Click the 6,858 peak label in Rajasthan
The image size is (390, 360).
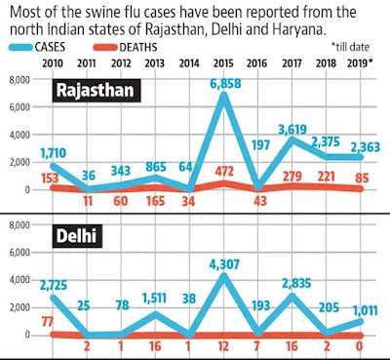click(225, 83)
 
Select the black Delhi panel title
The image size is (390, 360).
click(77, 236)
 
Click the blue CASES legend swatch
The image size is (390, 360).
click(20, 48)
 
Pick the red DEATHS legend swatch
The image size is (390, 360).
click(105, 48)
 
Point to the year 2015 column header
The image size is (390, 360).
click(223, 63)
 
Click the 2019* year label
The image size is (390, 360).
click(360, 63)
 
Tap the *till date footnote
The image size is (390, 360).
click(350, 47)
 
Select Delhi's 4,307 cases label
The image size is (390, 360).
click(224, 264)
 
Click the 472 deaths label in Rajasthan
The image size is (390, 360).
click(224, 171)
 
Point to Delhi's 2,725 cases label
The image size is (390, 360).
click(54, 285)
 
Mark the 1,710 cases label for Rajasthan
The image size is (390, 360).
click(54, 152)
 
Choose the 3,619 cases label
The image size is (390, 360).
click(292, 130)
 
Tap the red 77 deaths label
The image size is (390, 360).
click(48, 322)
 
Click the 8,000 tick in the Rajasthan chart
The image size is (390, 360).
click(19, 80)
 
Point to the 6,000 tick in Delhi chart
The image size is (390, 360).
click(19, 253)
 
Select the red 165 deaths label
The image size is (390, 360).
click(155, 201)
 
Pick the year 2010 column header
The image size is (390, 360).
click(53, 63)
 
